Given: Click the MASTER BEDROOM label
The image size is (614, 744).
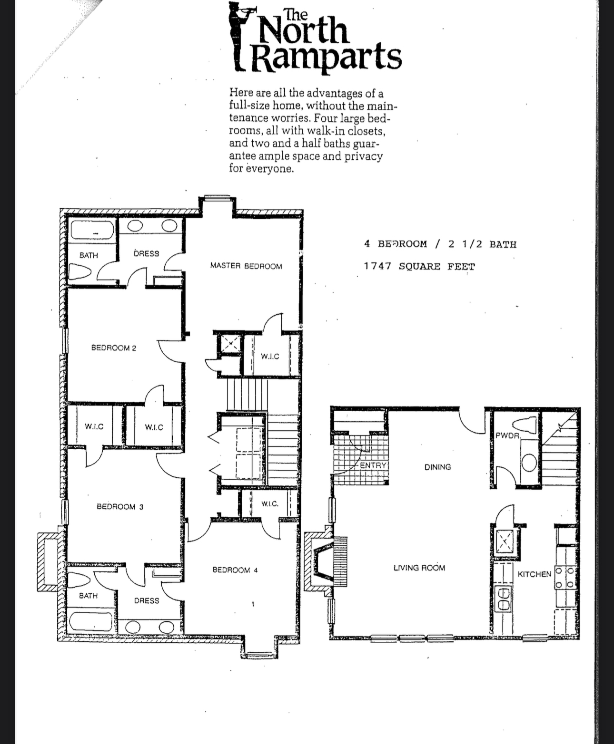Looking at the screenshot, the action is point(246,266).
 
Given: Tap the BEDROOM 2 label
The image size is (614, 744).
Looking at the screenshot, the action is point(113,348).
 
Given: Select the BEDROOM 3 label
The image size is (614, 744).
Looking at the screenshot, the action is point(120,506).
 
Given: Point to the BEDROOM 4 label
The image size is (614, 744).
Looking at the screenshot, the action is point(235,570).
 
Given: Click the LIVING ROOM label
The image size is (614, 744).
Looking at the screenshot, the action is point(419,568).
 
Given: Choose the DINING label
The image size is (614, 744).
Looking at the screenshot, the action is point(437,467).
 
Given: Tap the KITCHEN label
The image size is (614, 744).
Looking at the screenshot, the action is point(535,574).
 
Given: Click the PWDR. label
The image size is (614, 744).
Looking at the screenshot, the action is point(508,435).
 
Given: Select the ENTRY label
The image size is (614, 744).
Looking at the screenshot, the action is point(373,465).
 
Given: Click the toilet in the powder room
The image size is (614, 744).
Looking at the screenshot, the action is point(524,425).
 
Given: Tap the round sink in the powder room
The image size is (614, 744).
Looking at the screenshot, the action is point(529,463).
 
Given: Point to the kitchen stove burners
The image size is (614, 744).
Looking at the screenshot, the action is point(565,577).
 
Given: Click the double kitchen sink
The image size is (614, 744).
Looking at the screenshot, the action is point(503,599).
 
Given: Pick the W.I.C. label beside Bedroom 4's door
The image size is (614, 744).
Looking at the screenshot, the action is point(270,503).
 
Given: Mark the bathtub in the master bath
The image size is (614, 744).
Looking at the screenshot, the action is point(93,230).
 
